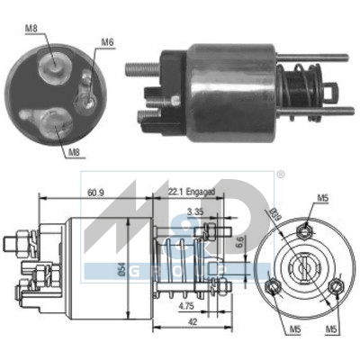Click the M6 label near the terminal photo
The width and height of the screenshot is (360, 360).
pyautogui.click(x=107, y=42)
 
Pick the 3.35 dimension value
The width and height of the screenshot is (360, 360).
pyautogui.click(x=193, y=211)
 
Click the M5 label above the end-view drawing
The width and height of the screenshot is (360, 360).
pyautogui.click(x=323, y=199)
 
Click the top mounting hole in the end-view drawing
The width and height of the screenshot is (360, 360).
pyautogui.click(x=304, y=227)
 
